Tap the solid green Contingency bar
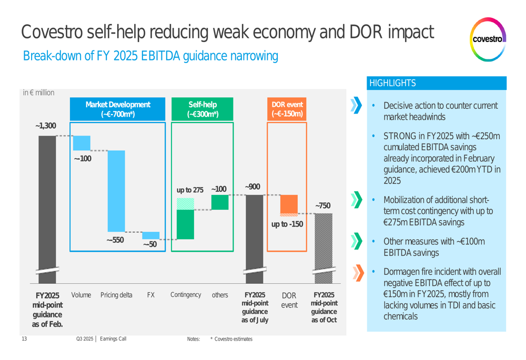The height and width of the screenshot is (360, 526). coord(185,224)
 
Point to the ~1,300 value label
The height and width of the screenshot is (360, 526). coord(45,126)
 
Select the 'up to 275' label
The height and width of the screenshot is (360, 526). coord(190,190)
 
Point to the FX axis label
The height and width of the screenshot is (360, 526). coord(150,295)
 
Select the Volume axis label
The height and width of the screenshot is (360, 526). coord(81,295)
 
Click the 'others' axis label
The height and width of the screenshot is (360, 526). coord(219,295)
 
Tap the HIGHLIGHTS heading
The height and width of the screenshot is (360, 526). coord(392,83)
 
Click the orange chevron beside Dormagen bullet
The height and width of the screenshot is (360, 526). coord(358,272)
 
